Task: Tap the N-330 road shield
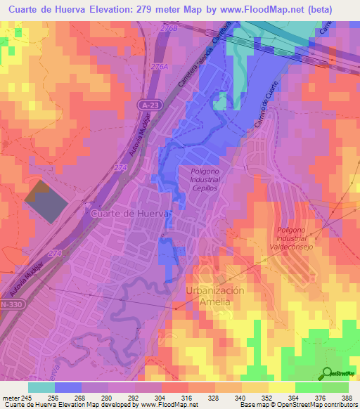[12, 304]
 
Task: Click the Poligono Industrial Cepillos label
[205, 179]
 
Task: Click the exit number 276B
[188, 27]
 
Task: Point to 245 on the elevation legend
[27, 397]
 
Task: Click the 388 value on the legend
[345, 397]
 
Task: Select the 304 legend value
[150, 397]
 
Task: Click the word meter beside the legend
[11, 397]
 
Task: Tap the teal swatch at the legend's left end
[41, 387]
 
